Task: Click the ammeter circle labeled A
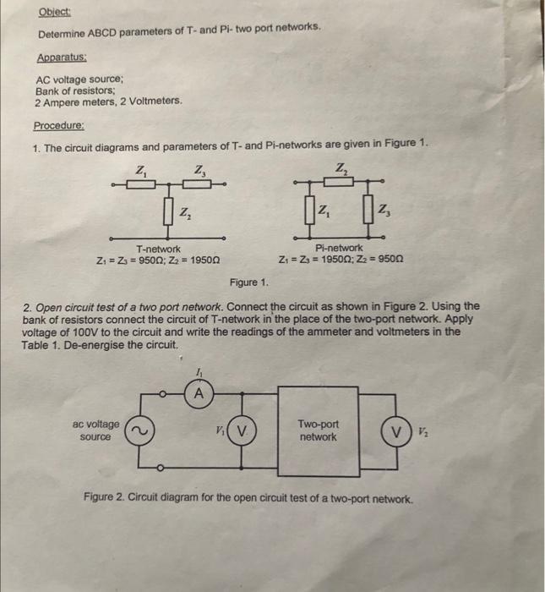(199, 392)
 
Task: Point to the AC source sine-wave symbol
(138, 431)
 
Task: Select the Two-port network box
(318, 431)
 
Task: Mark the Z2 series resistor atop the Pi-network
(341, 181)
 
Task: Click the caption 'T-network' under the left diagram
(158, 249)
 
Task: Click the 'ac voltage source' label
(96, 430)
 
